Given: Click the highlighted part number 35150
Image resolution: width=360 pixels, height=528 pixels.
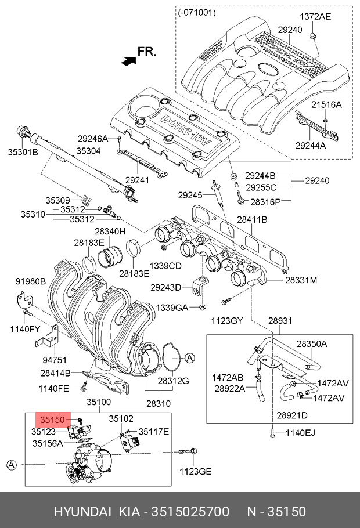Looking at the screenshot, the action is (53, 420).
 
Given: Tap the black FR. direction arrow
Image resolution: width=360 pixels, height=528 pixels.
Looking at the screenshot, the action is (129, 60).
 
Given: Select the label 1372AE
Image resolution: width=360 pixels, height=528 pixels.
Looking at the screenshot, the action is (315, 16).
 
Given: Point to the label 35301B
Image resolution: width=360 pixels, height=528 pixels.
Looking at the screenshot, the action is (23, 152).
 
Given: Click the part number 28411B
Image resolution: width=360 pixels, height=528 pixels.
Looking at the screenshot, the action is (252, 219).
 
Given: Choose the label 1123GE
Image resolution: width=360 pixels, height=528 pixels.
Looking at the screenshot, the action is (195, 471).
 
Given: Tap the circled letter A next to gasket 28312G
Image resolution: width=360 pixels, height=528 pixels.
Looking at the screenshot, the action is (190, 358).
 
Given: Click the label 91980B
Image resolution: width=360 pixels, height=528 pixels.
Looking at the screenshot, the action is (30, 281).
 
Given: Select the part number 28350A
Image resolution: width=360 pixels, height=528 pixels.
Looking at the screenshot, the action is (312, 344).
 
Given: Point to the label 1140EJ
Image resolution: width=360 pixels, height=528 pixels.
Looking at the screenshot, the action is (300, 433).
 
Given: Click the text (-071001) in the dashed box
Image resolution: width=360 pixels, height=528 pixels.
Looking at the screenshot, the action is (197, 13).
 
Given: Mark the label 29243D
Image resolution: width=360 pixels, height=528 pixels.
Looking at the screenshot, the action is (166, 288).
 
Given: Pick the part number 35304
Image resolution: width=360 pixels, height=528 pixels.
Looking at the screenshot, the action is (88, 151).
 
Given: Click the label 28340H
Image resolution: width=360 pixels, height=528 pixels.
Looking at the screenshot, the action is (110, 232).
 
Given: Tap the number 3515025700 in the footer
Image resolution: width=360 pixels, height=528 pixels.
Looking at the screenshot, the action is (190, 512).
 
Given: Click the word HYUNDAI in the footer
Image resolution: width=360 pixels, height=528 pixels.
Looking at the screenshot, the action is (82, 512).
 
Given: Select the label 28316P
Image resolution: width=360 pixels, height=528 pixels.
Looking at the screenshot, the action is (265, 202).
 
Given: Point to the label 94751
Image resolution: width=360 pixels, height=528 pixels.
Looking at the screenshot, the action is (55, 360).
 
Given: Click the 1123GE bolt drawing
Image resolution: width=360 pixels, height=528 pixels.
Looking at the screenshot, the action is (186, 451).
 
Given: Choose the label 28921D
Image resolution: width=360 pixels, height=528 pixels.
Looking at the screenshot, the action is (292, 415).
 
